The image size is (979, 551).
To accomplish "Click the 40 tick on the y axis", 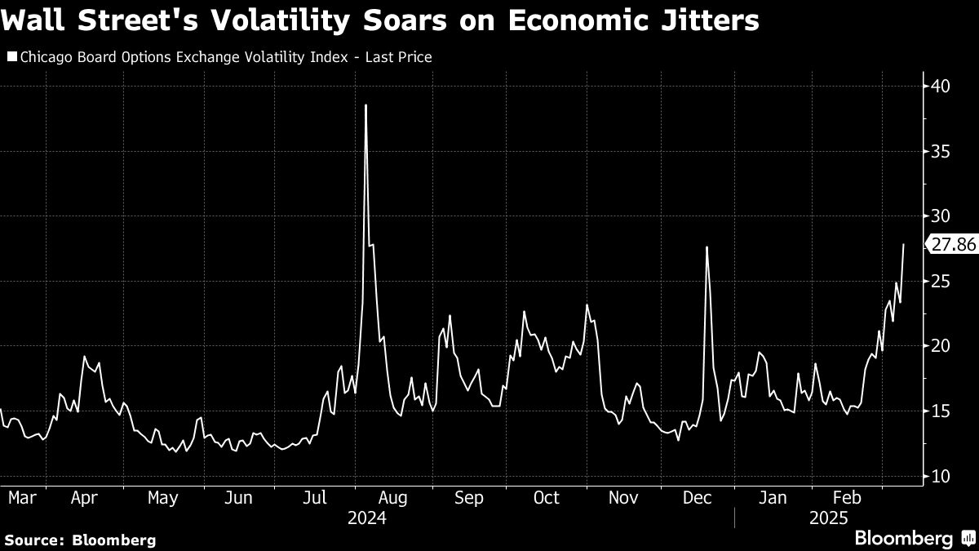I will [x=939, y=86].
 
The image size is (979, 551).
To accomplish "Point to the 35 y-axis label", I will [x=939, y=151].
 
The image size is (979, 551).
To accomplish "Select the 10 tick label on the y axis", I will [x=939, y=476].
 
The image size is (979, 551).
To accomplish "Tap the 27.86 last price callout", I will [x=954, y=244].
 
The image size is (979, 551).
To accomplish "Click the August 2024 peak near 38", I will [x=365, y=105].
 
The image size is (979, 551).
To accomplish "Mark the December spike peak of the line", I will [x=707, y=247].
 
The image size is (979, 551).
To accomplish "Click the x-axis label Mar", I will [x=22, y=497].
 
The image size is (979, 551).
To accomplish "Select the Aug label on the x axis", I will [x=393, y=497].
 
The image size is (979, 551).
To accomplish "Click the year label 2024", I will [x=366, y=518].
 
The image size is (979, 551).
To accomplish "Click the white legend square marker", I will [x=11, y=57].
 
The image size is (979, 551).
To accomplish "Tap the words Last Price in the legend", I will [x=401, y=57].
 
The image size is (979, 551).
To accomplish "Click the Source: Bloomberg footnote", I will [x=79, y=540].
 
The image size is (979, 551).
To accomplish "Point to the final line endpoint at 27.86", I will [x=903, y=244].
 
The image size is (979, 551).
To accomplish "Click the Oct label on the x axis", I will [x=547, y=497].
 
